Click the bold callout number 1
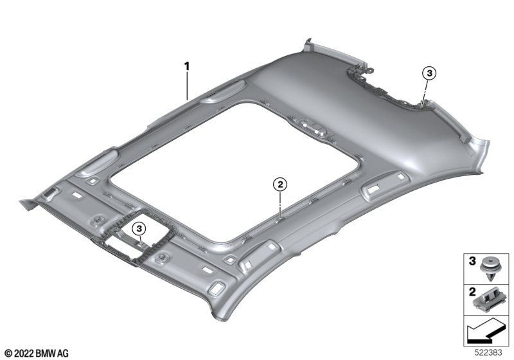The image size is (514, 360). (x=186, y=67)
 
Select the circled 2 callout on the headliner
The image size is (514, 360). (x=280, y=184)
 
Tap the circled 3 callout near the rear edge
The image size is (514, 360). (x=429, y=73)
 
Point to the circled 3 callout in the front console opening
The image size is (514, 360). (x=139, y=228)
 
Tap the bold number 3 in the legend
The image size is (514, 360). (x=472, y=261)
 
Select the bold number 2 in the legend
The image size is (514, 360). (x=472, y=291)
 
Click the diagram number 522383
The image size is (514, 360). (x=488, y=352)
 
